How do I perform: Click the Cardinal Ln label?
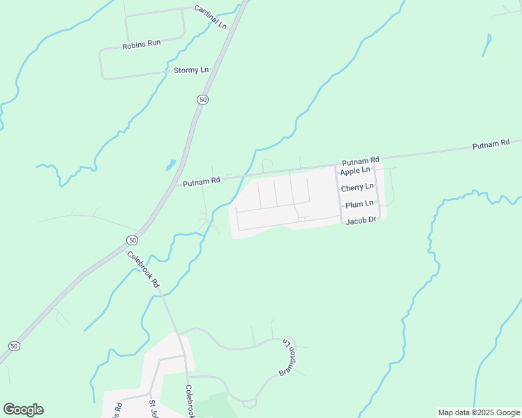210,17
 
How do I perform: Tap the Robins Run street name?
142,43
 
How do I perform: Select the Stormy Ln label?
191,70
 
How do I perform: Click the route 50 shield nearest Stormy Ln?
202,100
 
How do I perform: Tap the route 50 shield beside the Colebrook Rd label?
132,240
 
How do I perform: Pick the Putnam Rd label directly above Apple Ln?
360,160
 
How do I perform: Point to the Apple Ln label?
355,171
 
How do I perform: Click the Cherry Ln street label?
357,187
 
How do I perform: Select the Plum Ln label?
359,204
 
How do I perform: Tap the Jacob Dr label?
361,220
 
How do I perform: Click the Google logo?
23,410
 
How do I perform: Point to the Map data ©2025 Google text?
479,412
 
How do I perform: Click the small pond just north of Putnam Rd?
170,166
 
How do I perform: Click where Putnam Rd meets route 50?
175,187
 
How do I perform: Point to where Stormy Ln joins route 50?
215,69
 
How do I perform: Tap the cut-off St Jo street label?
153,408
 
